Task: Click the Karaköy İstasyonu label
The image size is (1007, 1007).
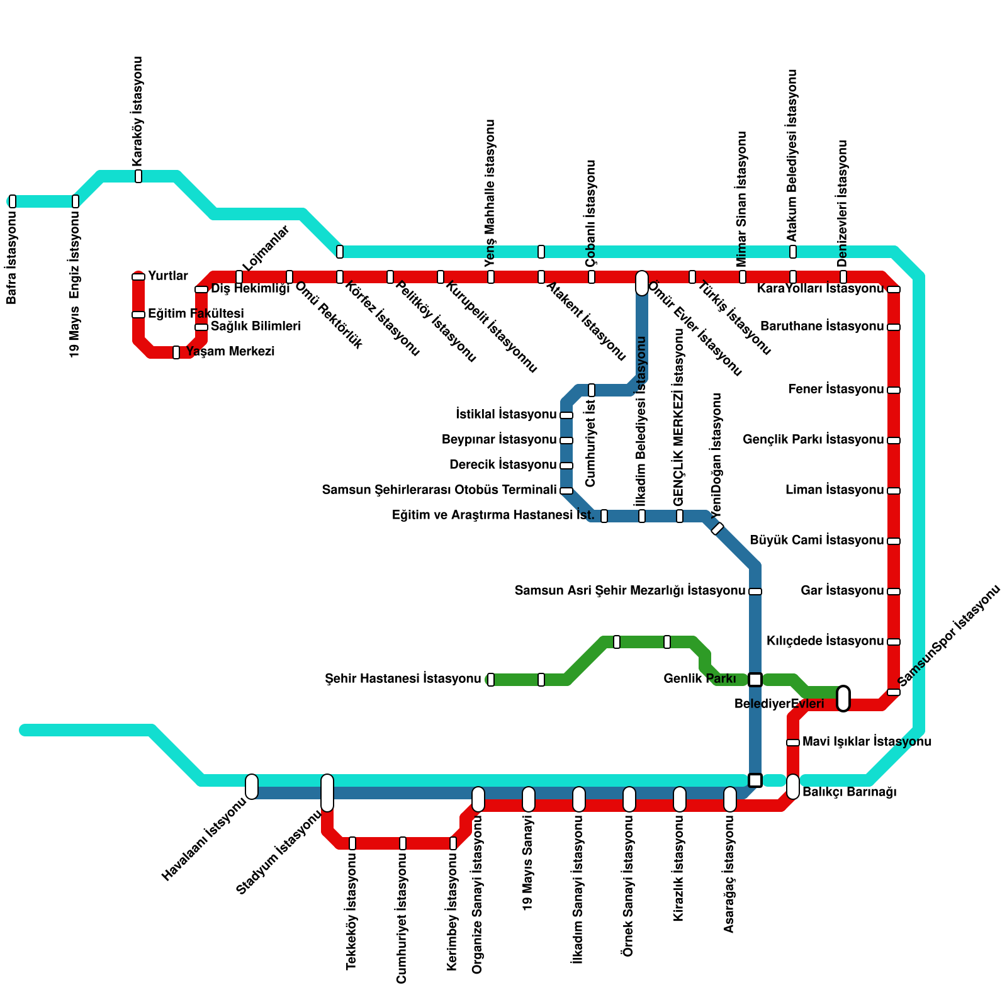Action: pyautogui.click(x=138, y=111)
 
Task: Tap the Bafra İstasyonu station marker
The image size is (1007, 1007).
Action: pyautogui.click(x=13, y=201)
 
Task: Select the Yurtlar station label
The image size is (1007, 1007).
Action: pyautogui.click(x=168, y=276)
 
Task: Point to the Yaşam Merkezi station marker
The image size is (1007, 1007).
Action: pyautogui.click(x=176, y=352)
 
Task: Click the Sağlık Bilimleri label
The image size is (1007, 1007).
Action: pyautogui.click(x=256, y=327)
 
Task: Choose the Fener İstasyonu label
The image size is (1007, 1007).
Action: pyautogui.click(x=836, y=390)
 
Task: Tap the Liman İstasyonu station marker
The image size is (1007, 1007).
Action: pyautogui.click(x=894, y=491)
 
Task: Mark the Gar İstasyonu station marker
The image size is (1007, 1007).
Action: pyautogui.click(x=894, y=592)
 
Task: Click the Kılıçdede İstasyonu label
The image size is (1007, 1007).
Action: pyautogui.click(x=825, y=641)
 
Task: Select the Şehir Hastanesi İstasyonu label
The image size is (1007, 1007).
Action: pyautogui.click(x=403, y=679)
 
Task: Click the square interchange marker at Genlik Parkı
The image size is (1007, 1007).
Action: pyautogui.click(x=755, y=680)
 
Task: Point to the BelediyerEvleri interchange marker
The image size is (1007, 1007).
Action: pyautogui.click(x=843, y=699)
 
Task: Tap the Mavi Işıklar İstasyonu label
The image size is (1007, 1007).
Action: pyautogui.click(x=867, y=742)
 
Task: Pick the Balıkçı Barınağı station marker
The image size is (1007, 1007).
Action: pyautogui.click(x=793, y=787)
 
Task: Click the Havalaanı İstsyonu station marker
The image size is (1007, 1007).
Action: pyautogui.click(x=252, y=787)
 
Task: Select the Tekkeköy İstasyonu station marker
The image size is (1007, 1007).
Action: pyautogui.click(x=352, y=843)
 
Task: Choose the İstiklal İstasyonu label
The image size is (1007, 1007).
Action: pyautogui.click(x=506, y=415)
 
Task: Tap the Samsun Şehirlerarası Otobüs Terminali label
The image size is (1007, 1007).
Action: pyautogui.click(x=439, y=490)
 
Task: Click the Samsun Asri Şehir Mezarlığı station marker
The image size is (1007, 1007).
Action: pyautogui.click(x=755, y=592)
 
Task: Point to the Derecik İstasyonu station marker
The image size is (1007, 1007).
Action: pyautogui.click(x=566, y=466)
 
